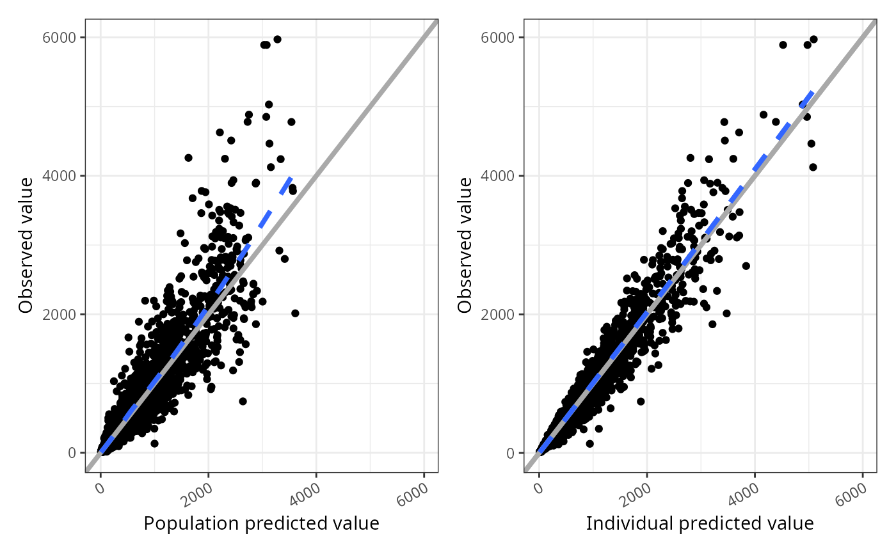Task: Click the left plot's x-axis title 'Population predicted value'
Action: coord(261,523)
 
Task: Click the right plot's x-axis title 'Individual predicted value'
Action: coord(700,523)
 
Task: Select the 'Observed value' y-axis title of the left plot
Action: coord(26,246)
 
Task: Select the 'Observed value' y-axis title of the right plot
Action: coord(465,246)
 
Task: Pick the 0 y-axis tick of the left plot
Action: coord(72,452)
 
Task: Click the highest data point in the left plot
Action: coord(277,39)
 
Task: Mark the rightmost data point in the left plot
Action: coord(295,313)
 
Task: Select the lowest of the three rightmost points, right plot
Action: coord(813,167)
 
